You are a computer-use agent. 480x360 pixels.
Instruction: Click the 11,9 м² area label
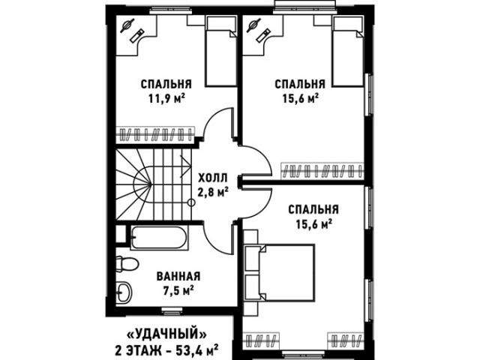[167, 98]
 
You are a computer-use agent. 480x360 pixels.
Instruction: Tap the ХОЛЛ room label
[213, 178]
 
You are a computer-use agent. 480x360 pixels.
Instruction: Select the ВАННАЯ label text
[178, 276]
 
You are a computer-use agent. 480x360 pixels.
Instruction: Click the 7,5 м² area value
[178, 290]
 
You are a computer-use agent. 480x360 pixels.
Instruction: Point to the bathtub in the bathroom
[159, 238]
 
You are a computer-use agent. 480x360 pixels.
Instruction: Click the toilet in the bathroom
[127, 263]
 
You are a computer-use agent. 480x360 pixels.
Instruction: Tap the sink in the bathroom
[124, 292]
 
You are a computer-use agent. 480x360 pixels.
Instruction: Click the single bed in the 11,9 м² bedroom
[220, 51]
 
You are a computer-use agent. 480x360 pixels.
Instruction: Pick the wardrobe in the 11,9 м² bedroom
[155, 135]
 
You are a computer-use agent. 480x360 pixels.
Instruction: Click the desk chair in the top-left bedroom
[127, 25]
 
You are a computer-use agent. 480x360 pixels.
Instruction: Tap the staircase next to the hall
[154, 184]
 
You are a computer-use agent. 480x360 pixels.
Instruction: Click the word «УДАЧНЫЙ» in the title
[166, 334]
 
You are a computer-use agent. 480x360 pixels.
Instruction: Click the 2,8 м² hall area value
[213, 192]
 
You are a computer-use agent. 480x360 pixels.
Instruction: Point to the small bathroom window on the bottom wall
[167, 310]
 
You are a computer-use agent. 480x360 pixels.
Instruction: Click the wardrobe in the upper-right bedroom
[322, 171]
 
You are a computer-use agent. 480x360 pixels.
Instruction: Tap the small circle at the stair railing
[192, 202]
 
